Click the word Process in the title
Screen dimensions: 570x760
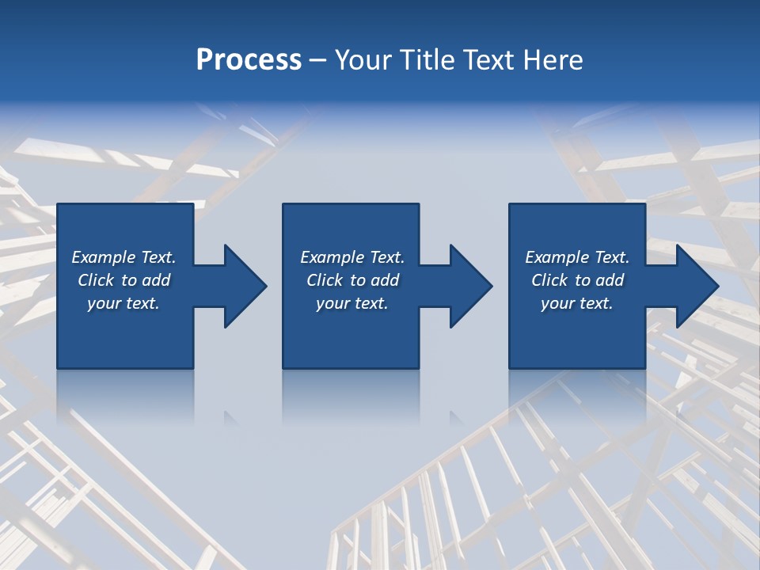[x=249, y=60]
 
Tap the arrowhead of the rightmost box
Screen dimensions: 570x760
[x=696, y=286]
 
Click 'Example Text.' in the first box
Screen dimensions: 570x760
[x=123, y=257]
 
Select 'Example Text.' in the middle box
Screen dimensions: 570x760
[x=352, y=257]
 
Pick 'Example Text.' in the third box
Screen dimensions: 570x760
[x=577, y=257]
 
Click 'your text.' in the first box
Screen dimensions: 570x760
[x=123, y=303]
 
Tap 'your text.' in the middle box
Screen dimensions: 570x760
[x=352, y=303]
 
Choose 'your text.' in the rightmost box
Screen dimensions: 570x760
[x=577, y=303]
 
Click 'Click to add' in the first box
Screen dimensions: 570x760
[x=123, y=280]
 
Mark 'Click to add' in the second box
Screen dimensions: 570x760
[x=352, y=280]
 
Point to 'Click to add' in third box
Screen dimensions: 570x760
[x=577, y=280]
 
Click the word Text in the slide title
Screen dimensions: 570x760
[x=484, y=60]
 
